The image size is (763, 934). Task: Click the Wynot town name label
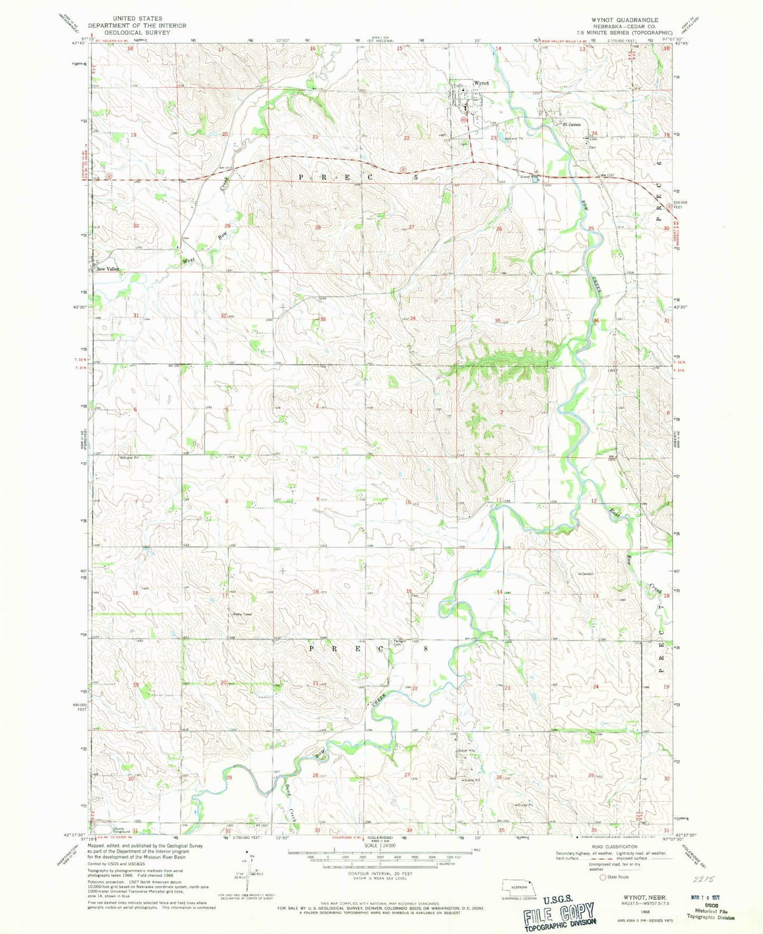(x=481, y=83)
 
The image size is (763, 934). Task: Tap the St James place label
(x=571, y=125)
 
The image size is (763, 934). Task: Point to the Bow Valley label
(x=108, y=269)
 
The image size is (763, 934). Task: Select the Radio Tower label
(x=238, y=614)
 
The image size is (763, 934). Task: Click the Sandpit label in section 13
(x=587, y=573)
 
